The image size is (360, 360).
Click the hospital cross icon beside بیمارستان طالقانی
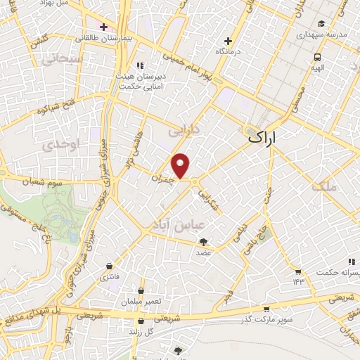click(104, 27)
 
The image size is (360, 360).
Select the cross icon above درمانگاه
click(227, 41)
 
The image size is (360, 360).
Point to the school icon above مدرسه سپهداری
click(322, 22)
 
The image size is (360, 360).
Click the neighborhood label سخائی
click(61, 60)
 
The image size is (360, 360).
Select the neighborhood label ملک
click(328, 186)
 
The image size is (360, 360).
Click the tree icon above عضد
click(203, 242)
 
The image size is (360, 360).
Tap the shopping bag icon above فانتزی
click(109, 266)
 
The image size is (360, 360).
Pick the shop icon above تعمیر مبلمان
click(141, 290)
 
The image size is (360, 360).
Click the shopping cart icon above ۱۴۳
click(298, 271)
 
